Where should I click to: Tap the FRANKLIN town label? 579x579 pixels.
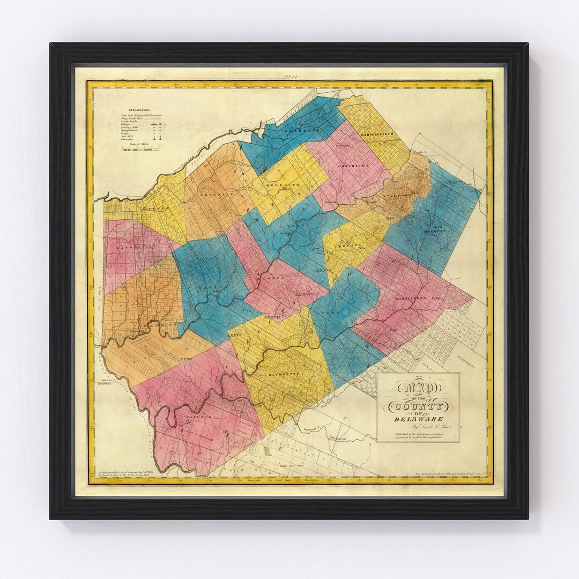click(x=215, y=189)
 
